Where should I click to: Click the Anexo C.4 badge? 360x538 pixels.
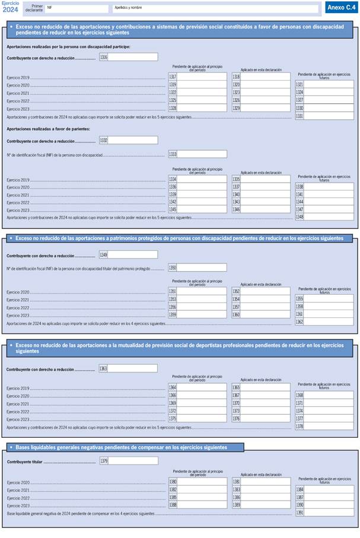click(341, 8)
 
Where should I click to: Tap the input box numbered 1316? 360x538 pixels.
click(133, 57)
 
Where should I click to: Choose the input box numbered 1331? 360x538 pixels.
click(329, 117)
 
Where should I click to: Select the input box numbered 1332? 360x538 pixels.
click(133, 140)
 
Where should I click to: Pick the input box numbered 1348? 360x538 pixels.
click(329, 217)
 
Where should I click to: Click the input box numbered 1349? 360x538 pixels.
click(133, 254)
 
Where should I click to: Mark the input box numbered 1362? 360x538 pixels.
click(329, 321)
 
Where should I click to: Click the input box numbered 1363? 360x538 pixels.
click(133, 368)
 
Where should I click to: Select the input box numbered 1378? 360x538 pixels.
click(329, 426)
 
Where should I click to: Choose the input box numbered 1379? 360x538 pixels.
click(133, 461)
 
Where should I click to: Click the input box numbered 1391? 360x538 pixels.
click(329, 512)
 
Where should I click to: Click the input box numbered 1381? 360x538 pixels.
click(265, 482)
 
